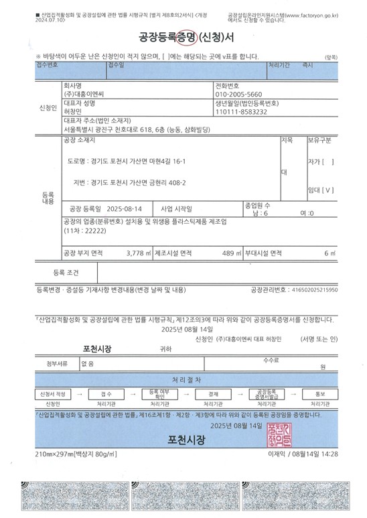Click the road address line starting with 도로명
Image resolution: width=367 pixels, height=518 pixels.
(126, 162)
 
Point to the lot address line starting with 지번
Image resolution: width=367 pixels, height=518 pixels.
(130, 182)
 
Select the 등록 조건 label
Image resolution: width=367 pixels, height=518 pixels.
(66, 273)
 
